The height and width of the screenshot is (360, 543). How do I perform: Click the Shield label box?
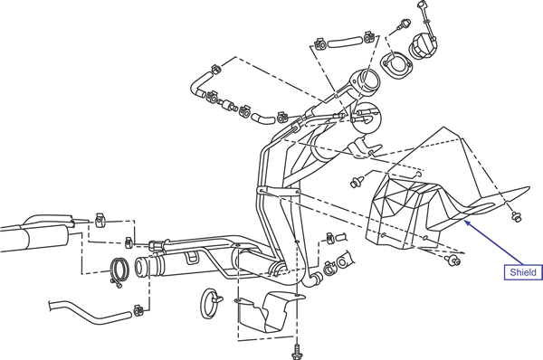coord(523,272)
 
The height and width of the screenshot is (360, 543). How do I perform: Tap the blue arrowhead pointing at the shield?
coord(467,223)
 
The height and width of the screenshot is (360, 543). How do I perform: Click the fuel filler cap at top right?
coord(423,48)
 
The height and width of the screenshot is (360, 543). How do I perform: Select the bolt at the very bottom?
coord(296,352)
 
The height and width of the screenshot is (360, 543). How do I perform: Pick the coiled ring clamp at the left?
coord(119,270)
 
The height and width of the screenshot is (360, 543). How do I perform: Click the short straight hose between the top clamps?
coord(344,43)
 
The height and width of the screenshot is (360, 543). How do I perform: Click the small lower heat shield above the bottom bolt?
coord(269,311)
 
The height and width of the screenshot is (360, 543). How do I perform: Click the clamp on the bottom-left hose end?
coord(138,311)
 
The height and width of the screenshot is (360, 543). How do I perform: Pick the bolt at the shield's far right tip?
coord(517,217)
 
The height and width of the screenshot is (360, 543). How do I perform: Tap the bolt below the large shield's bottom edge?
coord(453,261)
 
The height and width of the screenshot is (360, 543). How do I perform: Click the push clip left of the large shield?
coord(356,182)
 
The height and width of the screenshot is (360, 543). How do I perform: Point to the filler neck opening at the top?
coord(367,81)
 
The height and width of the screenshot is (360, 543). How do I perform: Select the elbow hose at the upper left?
coord(201,83)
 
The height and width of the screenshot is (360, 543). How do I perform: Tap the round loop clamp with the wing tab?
coord(211,302)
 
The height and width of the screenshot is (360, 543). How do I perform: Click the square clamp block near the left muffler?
coord(100,220)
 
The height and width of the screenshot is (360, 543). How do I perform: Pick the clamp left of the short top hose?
coord(320,44)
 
